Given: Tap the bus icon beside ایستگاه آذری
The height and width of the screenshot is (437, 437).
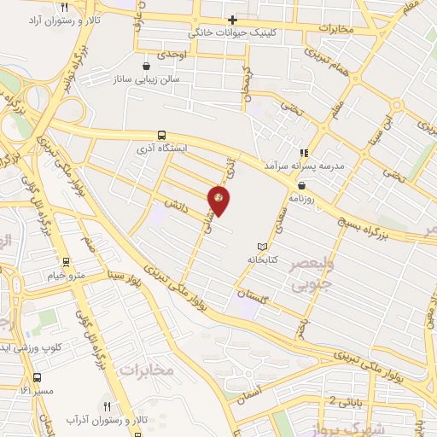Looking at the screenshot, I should coord(161,135).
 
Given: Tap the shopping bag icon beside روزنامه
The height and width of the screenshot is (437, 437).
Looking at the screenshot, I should coord(301,185).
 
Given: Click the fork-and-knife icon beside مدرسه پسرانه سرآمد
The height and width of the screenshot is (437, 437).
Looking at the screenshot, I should coord(302,153).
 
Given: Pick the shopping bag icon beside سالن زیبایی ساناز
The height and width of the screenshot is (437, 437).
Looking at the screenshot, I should coord(147,65).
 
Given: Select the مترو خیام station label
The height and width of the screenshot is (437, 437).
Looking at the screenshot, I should coord(66,275).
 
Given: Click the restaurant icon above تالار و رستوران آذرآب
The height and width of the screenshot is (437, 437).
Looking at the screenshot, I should coord(107,407).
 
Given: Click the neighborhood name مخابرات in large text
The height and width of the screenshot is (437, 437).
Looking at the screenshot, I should coord(146,369).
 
